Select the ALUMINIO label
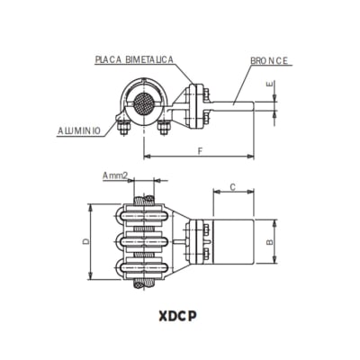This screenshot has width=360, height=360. [79, 131]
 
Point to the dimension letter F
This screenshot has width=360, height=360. [199, 150]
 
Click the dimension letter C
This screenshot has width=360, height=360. [232, 187]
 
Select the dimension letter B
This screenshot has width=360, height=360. [271, 242]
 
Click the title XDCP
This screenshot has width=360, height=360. [180, 316]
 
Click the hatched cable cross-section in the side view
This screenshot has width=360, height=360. [143, 103]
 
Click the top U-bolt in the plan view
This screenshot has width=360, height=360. [144, 215]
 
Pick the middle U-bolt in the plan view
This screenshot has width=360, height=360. [144, 241]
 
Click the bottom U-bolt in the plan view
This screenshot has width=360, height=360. [144, 267]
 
